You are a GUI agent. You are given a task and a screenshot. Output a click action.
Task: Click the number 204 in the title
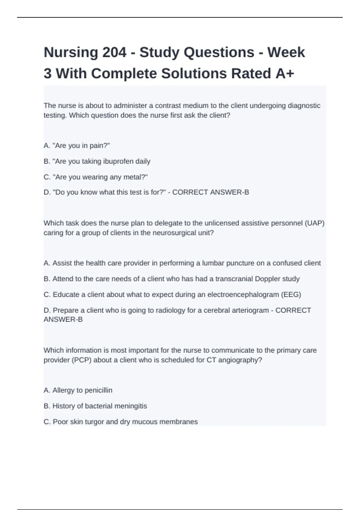click(114, 52)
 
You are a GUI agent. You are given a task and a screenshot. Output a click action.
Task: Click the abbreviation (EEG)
click(291, 295)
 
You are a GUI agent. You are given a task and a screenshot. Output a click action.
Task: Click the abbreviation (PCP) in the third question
click(81, 360)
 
